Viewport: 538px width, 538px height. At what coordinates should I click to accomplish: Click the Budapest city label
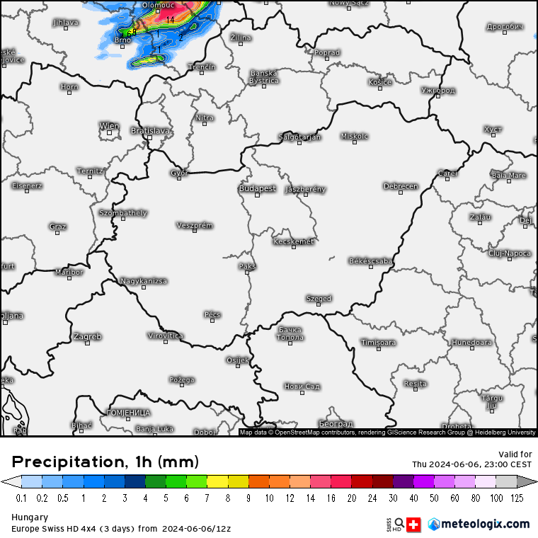257,188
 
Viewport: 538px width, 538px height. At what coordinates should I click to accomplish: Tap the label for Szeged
319,299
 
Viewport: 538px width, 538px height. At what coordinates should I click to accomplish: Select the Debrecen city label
401,186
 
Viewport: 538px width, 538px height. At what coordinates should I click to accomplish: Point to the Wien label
109,126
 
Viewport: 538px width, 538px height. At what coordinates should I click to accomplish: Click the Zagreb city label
87,336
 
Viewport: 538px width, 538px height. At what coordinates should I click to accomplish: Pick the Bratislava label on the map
151,130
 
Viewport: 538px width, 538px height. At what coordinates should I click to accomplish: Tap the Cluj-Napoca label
510,253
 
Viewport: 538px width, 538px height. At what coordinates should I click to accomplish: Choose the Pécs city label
212,314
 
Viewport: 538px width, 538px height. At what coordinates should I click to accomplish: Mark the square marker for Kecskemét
292,249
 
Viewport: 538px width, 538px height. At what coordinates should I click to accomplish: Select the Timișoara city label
378,343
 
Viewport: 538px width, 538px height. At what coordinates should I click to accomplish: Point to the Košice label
380,82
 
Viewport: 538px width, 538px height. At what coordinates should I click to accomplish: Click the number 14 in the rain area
171,20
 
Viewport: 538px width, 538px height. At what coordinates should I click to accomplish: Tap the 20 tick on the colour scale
352,498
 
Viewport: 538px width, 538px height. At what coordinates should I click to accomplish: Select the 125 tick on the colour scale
517,498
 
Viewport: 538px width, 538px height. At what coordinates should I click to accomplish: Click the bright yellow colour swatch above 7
217,481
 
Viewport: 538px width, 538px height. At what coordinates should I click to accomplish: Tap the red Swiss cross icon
414,524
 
